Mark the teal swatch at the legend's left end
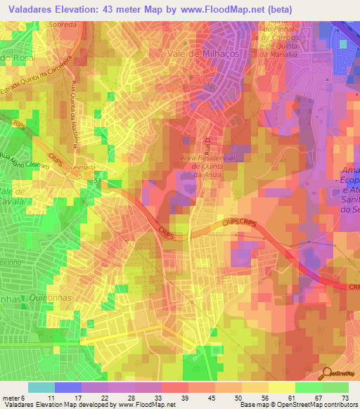point(41,387)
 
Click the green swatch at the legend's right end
point(335,387)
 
